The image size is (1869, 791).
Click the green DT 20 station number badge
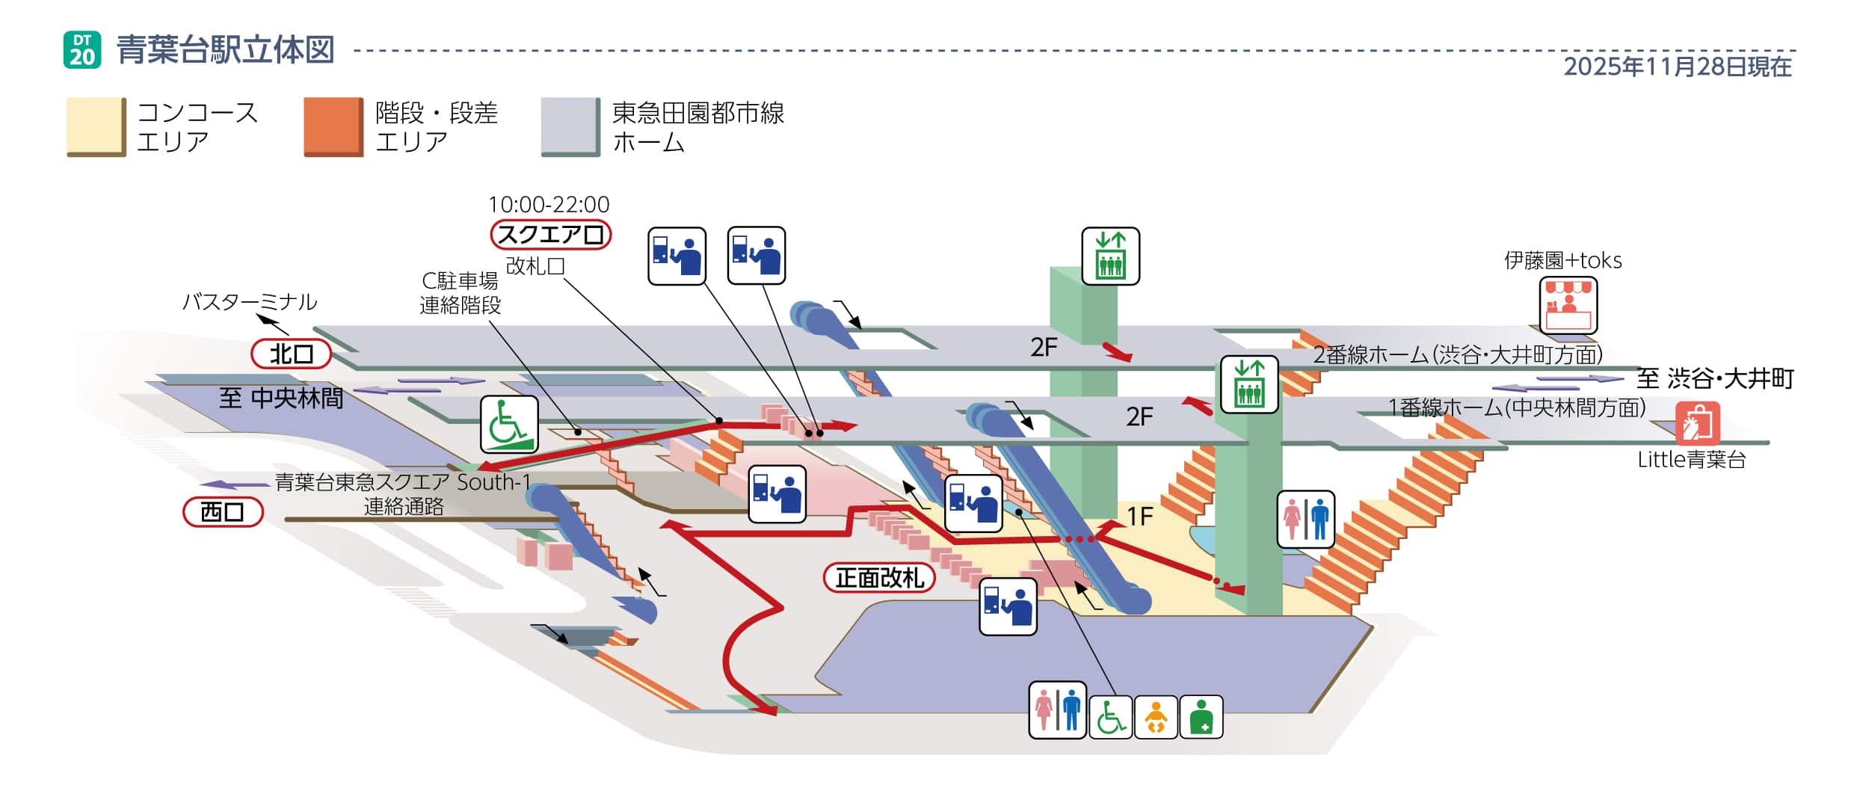(82, 50)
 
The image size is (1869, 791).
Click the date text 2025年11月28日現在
(1677, 67)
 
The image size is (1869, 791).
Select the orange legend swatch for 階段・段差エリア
(333, 126)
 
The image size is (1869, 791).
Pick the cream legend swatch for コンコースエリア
(96, 126)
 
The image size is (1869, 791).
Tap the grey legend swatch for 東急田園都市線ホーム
(570, 126)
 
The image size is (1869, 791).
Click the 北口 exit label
(291, 354)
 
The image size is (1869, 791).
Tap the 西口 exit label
(223, 512)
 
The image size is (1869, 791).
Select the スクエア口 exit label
(550, 235)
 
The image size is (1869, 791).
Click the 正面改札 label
(878, 577)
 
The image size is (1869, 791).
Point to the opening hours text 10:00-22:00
(549, 204)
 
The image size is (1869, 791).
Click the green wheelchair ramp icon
(509, 425)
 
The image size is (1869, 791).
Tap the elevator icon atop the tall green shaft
(1110, 256)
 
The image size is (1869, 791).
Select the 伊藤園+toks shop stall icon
(1568, 305)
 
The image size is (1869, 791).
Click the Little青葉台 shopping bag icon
(1697, 423)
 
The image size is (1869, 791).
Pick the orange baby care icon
(1156, 717)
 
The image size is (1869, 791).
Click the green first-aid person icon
(1201, 717)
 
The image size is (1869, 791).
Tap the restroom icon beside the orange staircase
(1305, 519)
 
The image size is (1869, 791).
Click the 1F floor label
(1139, 517)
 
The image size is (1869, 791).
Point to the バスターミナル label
(250, 302)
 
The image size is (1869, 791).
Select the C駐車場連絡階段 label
(460, 293)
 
